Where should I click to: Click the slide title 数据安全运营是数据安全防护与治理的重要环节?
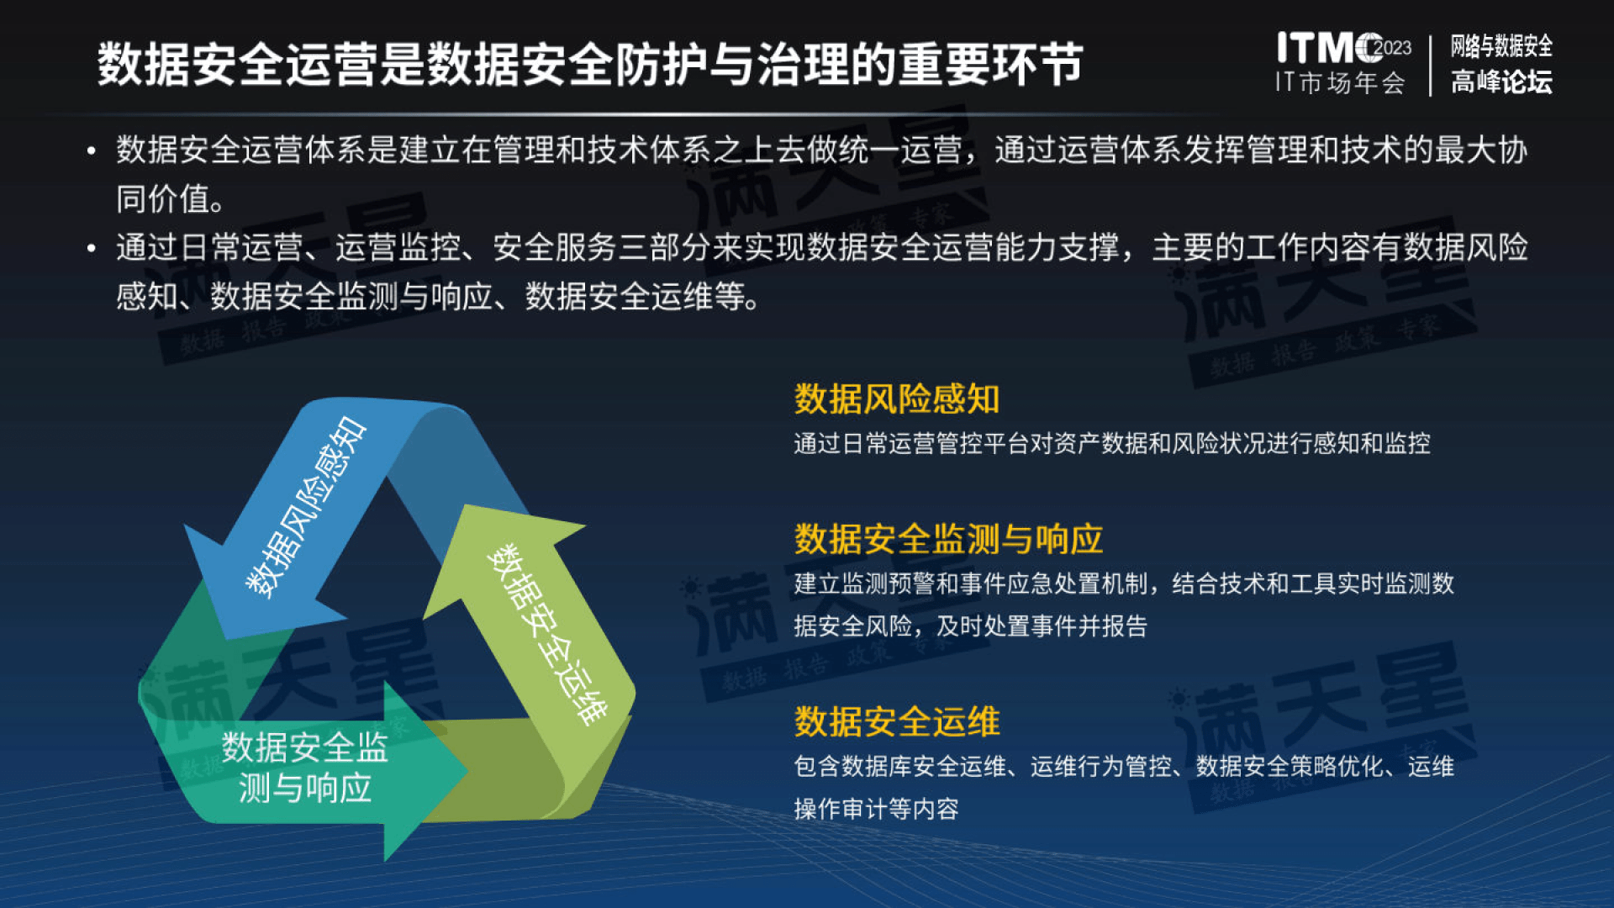tap(589, 64)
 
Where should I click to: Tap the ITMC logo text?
tap(1328, 48)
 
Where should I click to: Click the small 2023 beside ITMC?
tap(1393, 48)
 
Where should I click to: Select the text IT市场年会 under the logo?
tap(1340, 82)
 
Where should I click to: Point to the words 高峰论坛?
tap(1501, 82)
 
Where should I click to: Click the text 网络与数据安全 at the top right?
tap(1501, 45)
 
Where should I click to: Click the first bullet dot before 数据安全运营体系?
tap(91, 151)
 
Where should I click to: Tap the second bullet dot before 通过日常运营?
tap(91, 249)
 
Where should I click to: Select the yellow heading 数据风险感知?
tap(896, 399)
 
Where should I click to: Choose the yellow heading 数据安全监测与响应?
tap(948, 539)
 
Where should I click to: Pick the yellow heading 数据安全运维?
tap(896, 721)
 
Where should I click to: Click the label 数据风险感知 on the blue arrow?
tap(306, 507)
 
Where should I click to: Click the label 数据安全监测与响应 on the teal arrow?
tap(304, 767)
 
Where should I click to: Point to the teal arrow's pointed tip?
tap(465, 770)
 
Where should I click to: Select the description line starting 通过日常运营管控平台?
tap(1111, 443)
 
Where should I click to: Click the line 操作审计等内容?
tap(876, 809)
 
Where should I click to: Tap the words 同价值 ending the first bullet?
tap(164, 199)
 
